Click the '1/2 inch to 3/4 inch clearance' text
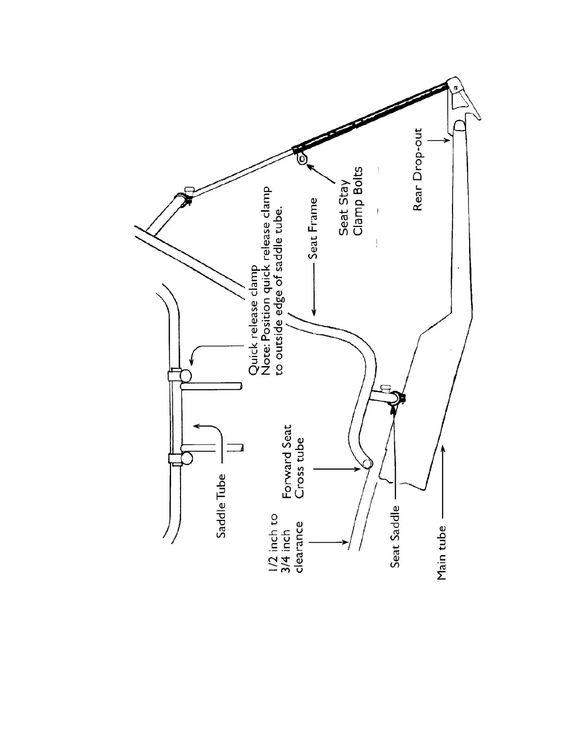pyautogui.click(x=286, y=543)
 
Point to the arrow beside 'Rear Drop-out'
pyautogui.click(x=439, y=139)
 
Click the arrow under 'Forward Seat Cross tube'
pyautogui.click(x=336, y=469)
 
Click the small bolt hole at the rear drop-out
pyautogui.click(x=455, y=87)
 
